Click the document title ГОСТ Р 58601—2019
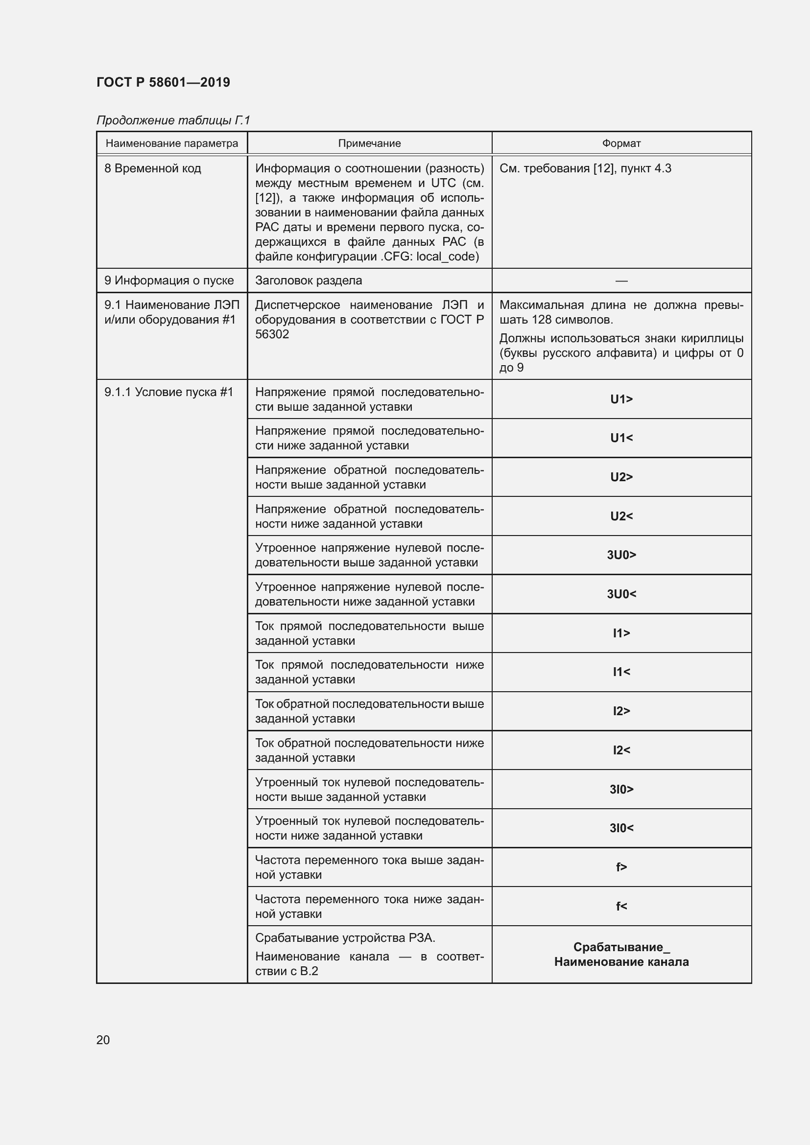pyautogui.click(x=163, y=82)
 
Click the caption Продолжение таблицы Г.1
pyautogui.click(x=172, y=120)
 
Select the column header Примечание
pyautogui.click(x=369, y=143)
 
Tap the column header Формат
pyautogui.click(x=621, y=143)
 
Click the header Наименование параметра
pyautogui.click(x=171, y=143)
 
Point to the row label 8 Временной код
pyautogui.click(x=153, y=168)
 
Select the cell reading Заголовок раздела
pyautogui.click(x=308, y=281)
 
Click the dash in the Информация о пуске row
pyautogui.click(x=621, y=281)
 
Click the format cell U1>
pyautogui.click(x=621, y=399)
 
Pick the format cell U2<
pyautogui.click(x=621, y=516)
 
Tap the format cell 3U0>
pyautogui.click(x=621, y=555)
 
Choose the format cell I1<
pyautogui.click(x=621, y=672)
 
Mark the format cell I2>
pyautogui.click(x=621, y=711)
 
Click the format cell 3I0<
pyautogui.click(x=621, y=828)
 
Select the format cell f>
pyautogui.click(x=621, y=867)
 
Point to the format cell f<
pyautogui.click(x=621, y=906)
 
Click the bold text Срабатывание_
pyautogui.click(x=621, y=947)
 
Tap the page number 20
pyautogui.click(x=103, y=1040)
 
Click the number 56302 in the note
pyautogui.click(x=272, y=335)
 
